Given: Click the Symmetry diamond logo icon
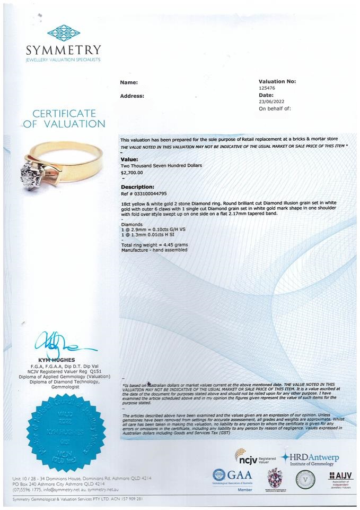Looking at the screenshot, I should coord(63,32).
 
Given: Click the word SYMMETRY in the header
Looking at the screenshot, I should coord(63,50).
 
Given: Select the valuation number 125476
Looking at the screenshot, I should coord(268,88).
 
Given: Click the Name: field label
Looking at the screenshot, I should coord(129,82).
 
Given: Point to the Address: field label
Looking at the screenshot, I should coord(132,96).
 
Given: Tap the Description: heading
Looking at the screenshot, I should coord(137,187).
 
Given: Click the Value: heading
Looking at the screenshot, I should coord(129,159).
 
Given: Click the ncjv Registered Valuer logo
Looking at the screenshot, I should coord(255,456).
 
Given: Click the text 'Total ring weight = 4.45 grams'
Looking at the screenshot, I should coord(154,244).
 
